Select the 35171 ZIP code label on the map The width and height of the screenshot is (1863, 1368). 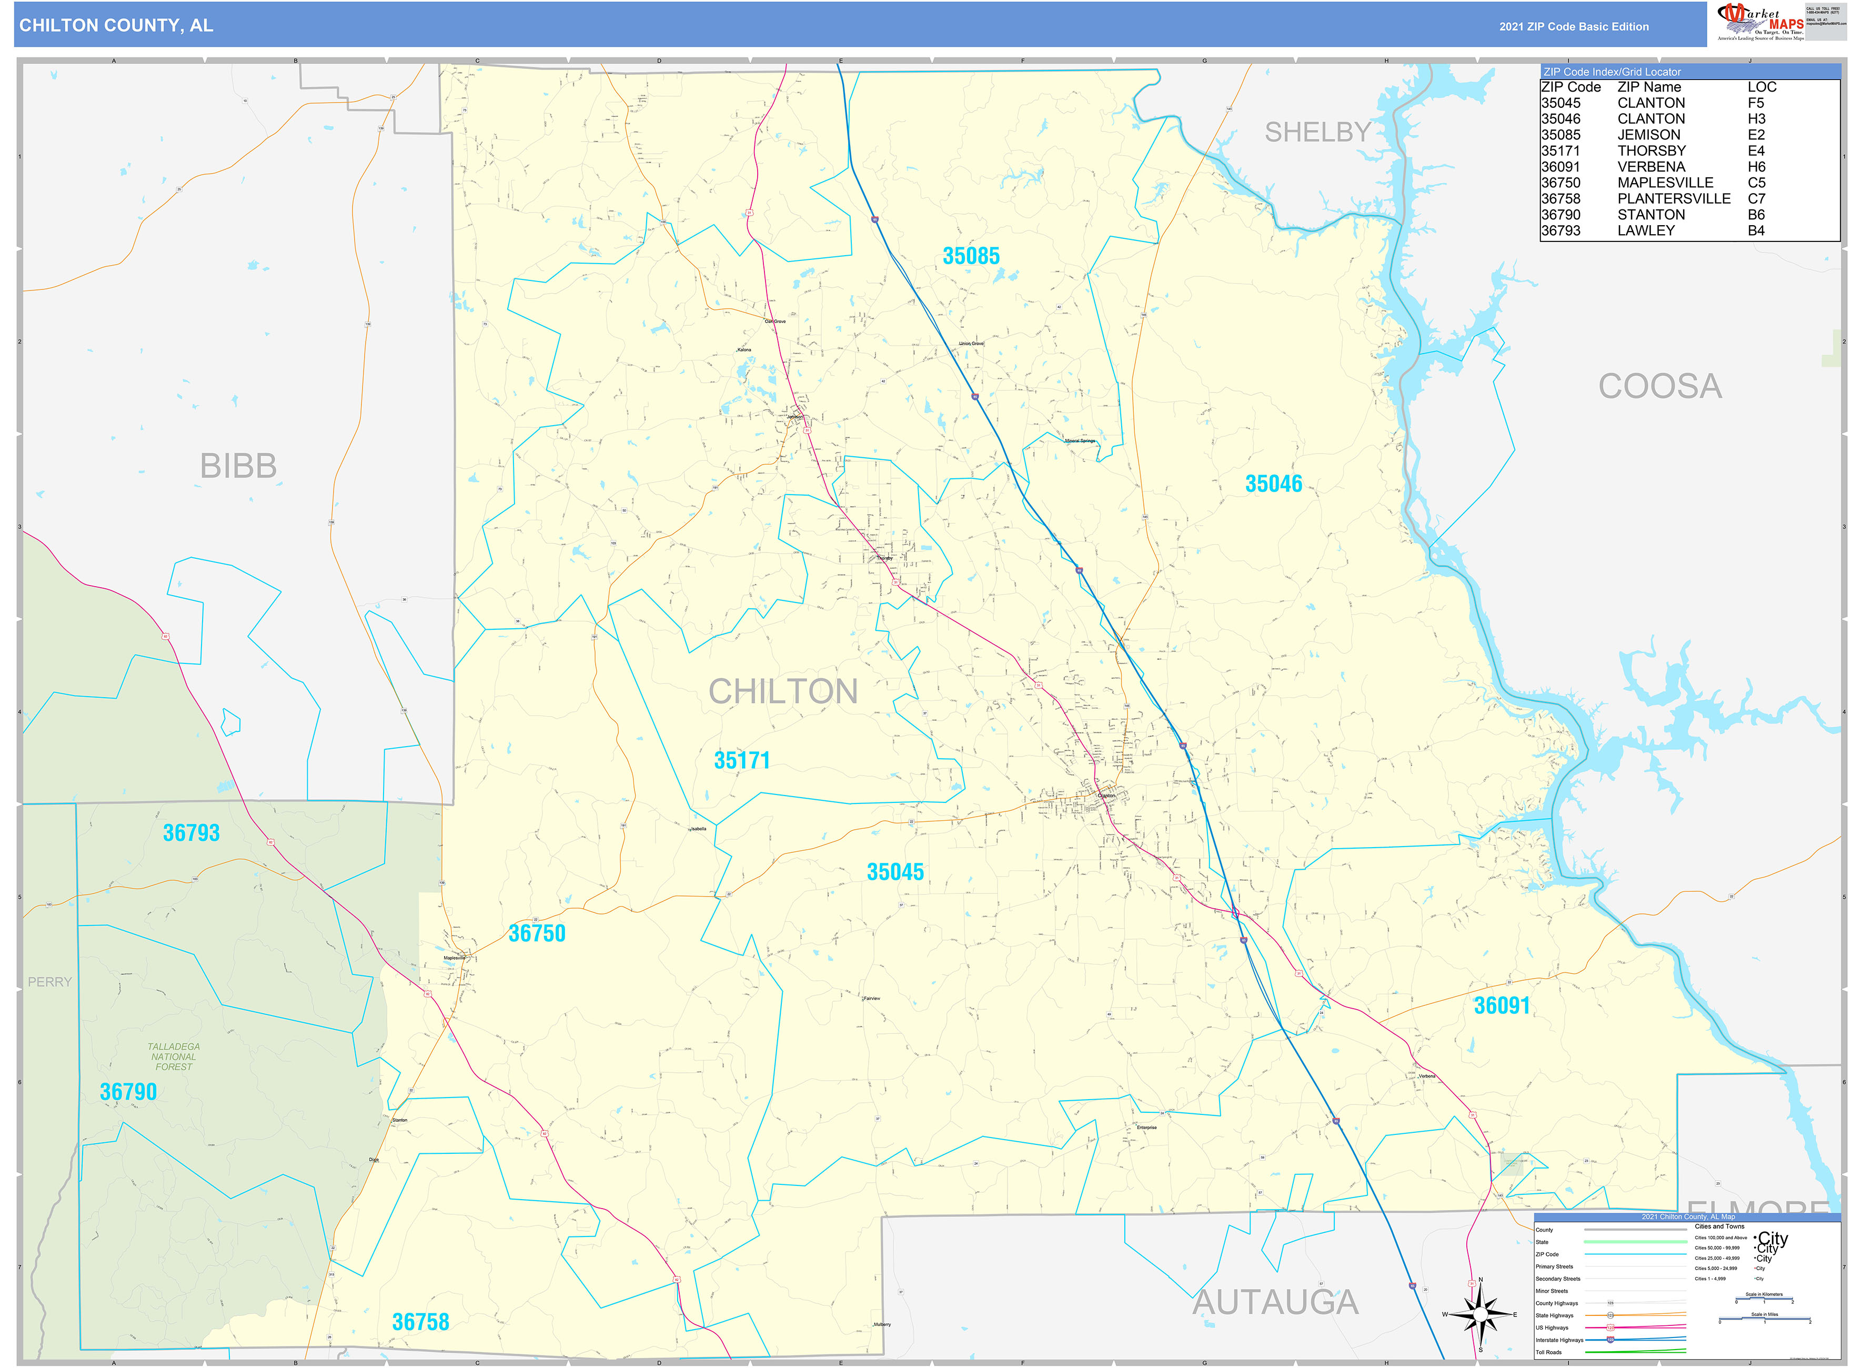point(742,761)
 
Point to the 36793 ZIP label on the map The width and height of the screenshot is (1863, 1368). point(192,833)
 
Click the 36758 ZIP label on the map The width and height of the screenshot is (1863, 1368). point(420,1322)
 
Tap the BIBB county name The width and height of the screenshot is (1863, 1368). point(238,466)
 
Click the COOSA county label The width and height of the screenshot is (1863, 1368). point(1659,387)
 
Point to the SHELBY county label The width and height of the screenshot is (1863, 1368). point(1317,133)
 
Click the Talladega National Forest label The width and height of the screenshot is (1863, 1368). point(173,1057)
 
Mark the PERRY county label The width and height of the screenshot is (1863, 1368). point(49,982)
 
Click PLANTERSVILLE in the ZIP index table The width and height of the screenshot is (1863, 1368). point(1674,199)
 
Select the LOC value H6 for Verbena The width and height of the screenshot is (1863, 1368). point(1756,166)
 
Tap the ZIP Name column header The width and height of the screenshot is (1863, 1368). point(1648,87)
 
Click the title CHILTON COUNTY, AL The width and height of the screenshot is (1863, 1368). point(116,26)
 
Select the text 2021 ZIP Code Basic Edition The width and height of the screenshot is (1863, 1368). point(1573,26)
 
